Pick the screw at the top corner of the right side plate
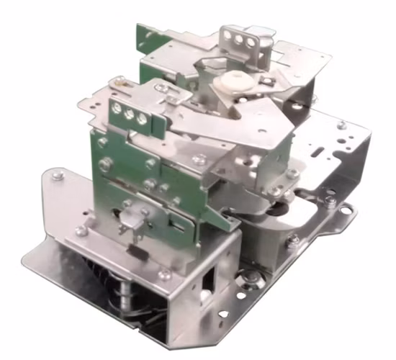pos(341,125)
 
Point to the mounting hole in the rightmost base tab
pos(351,211)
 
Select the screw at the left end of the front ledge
pos(81,231)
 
